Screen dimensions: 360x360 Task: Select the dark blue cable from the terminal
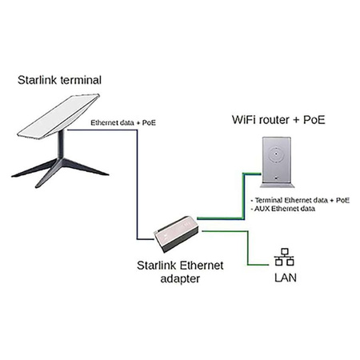pos(138,184)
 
